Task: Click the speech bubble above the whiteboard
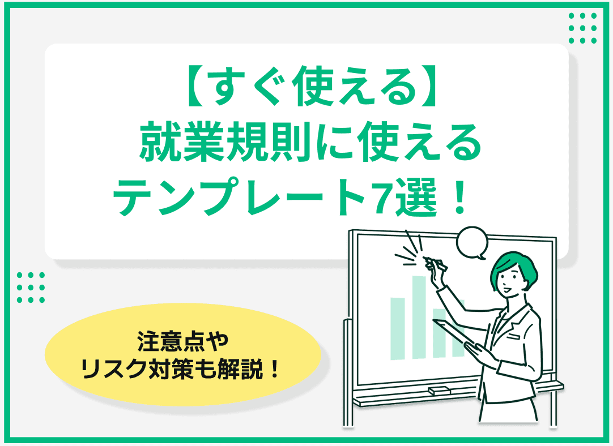coord(472,242)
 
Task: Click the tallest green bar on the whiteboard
coord(419,317)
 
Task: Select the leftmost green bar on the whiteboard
coord(398,327)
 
